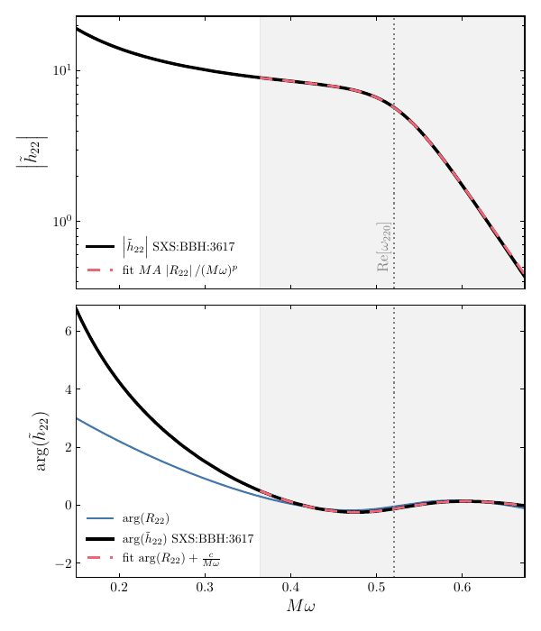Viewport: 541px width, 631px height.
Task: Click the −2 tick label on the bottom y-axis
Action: click(61, 563)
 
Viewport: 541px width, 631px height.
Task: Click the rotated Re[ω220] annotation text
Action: click(384, 247)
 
